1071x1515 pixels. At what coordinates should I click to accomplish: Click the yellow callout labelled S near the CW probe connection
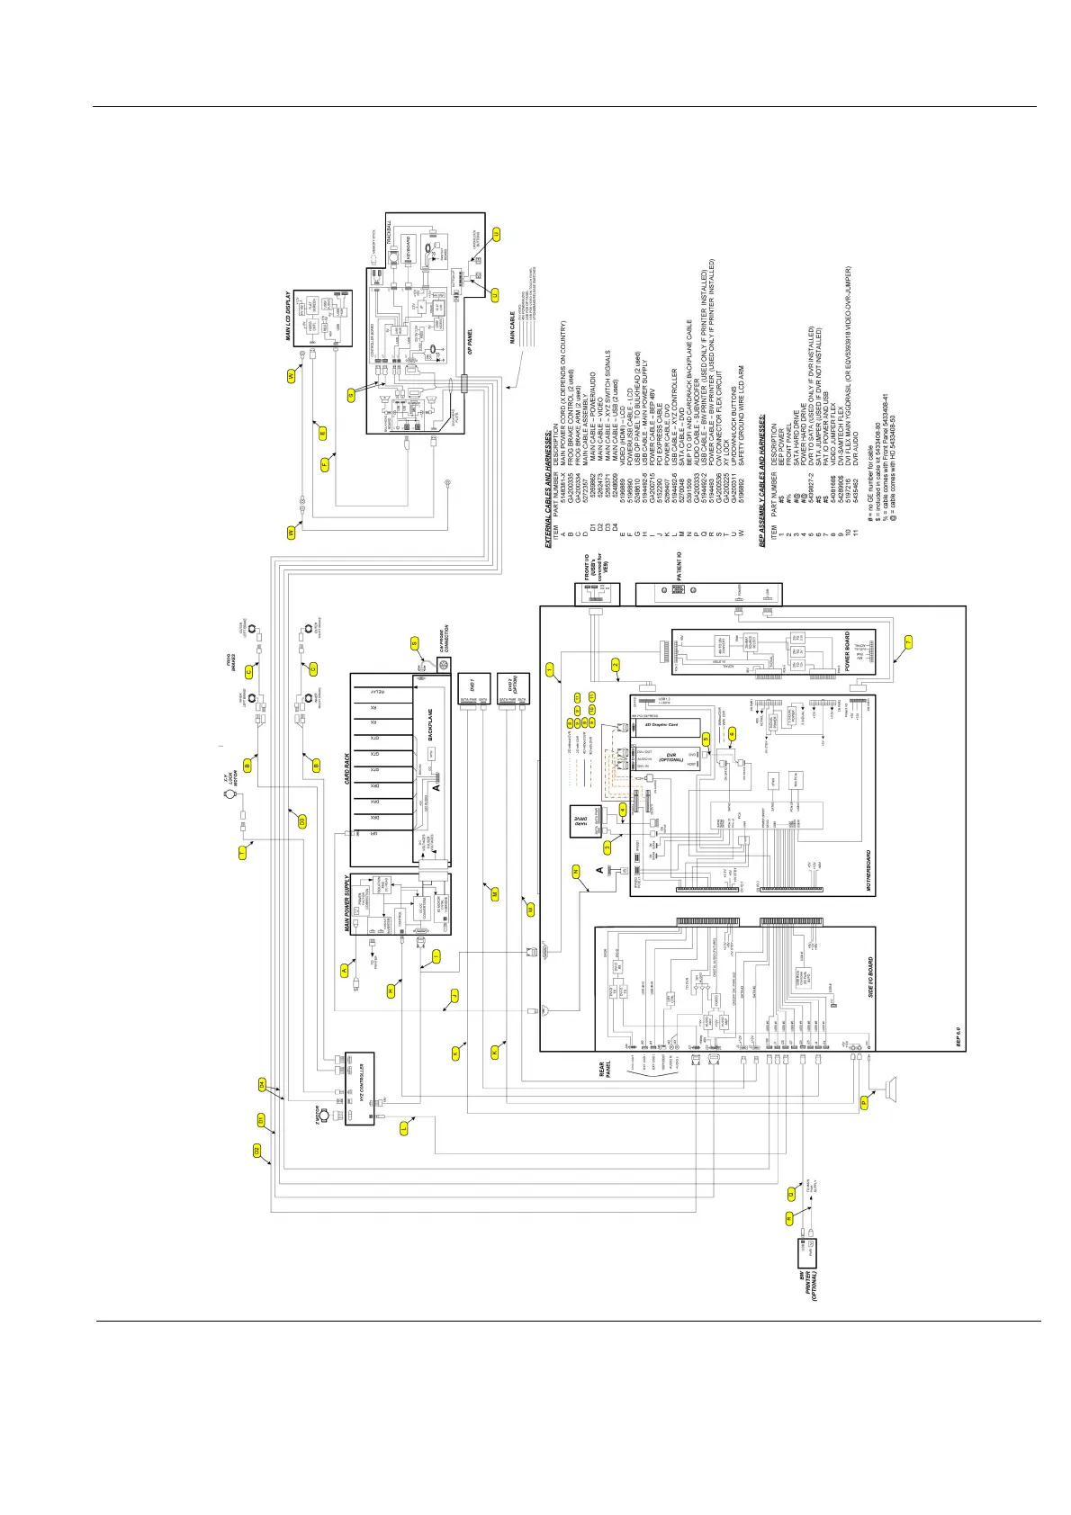pos(415,643)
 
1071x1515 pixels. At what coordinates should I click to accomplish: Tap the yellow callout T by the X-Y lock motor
pos(242,852)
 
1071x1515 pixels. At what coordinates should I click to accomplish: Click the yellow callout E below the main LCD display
pos(321,432)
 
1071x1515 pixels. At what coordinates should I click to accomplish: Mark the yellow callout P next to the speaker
pos(864,1101)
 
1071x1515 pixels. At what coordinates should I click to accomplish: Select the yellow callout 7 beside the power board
pos(908,641)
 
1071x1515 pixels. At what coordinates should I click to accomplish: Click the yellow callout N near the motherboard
pos(576,871)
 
